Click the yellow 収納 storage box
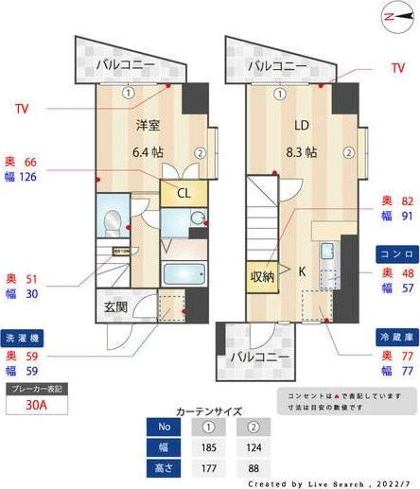point(262,276)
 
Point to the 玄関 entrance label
point(116,306)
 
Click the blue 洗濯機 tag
point(24,337)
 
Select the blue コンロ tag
point(394,254)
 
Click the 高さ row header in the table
point(166,468)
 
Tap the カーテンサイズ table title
point(210,411)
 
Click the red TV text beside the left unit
point(23,109)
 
